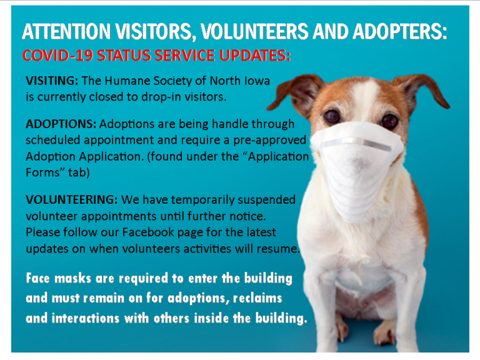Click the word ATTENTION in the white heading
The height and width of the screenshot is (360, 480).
pyautogui.click(x=66, y=31)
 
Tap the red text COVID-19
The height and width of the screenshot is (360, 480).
pyautogui.click(x=57, y=56)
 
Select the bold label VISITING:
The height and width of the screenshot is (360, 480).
pyautogui.click(x=52, y=81)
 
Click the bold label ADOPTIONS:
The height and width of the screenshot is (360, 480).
pyautogui.click(x=61, y=124)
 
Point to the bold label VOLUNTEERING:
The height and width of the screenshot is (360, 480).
pyautogui.click(x=72, y=199)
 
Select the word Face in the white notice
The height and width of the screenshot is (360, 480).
pyautogui.click(x=38, y=278)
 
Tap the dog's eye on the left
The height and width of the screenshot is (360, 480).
pyautogui.click(x=332, y=116)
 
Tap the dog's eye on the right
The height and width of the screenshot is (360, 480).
pyautogui.click(x=389, y=121)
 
